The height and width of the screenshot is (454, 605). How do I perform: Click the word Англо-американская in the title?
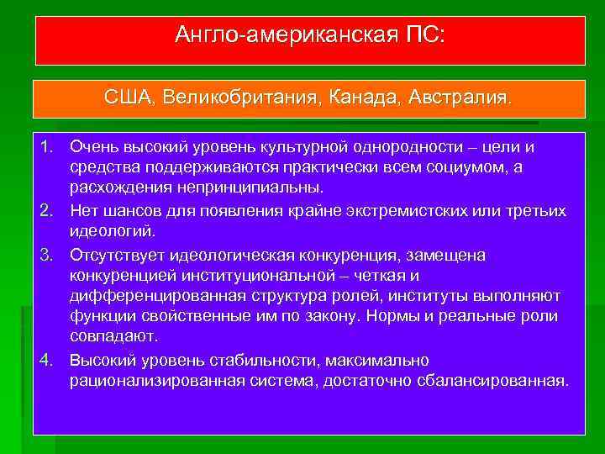click(x=283, y=35)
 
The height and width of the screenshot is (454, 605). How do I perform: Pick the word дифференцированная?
click(x=160, y=295)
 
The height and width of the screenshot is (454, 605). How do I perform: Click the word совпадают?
click(x=114, y=335)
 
